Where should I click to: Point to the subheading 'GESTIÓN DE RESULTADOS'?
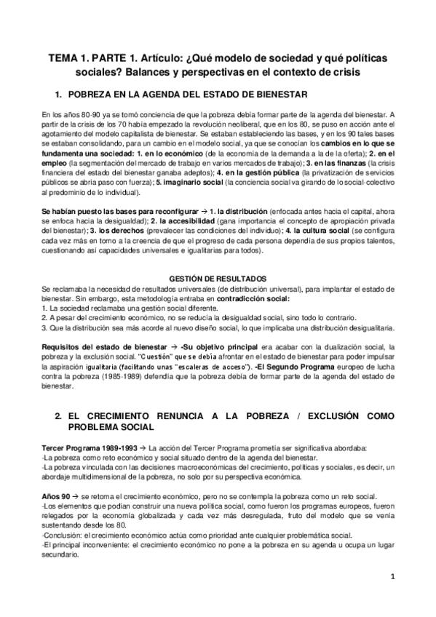click(x=217, y=279)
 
